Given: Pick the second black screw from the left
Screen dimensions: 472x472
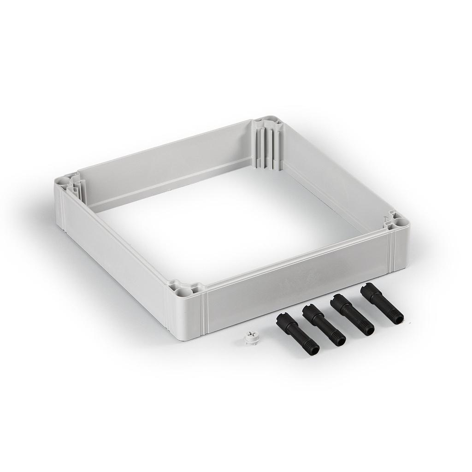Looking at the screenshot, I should pyautogui.click(x=324, y=325).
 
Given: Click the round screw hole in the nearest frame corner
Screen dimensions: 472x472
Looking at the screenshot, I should pyautogui.click(x=177, y=292).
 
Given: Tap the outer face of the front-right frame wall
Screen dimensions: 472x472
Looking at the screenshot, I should pyautogui.click(x=295, y=286).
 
